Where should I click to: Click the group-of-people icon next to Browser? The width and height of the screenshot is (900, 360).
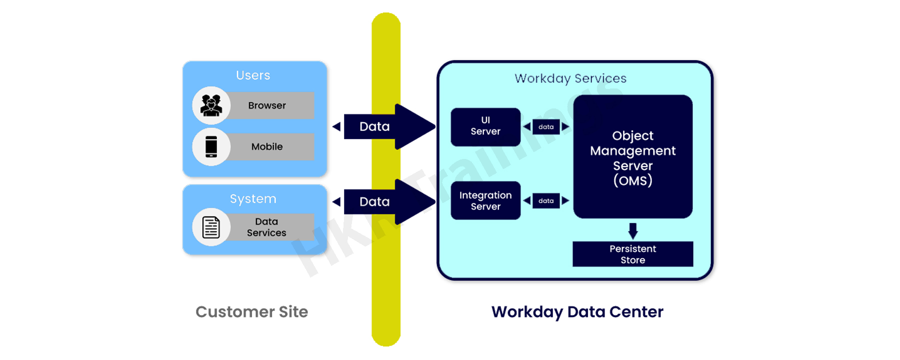[211, 105]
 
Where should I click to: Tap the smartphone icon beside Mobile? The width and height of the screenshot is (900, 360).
[211, 146]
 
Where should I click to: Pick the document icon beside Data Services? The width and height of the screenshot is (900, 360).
[211, 227]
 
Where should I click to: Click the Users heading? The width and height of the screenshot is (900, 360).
[253, 75]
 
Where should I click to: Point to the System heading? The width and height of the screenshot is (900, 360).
[253, 199]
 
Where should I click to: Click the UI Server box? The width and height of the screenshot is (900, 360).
[485, 126]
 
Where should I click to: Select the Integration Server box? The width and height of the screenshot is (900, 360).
[485, 200]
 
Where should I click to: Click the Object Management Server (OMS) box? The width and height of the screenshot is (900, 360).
[632, 157]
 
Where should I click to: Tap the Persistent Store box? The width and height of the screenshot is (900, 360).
[632, 254]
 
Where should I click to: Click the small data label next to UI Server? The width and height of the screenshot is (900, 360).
[546, 127]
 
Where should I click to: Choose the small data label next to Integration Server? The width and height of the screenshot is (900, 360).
[546, 200]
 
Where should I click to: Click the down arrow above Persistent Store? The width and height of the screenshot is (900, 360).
[633, 231]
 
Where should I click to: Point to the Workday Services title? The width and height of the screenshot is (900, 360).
[570, 78]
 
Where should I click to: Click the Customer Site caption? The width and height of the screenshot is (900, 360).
[251, 312]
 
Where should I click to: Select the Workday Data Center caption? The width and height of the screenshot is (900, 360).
[577, 312]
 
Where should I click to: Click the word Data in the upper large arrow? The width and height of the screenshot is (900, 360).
[374, 126]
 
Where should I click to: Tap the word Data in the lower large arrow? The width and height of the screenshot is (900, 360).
[374, 201]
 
